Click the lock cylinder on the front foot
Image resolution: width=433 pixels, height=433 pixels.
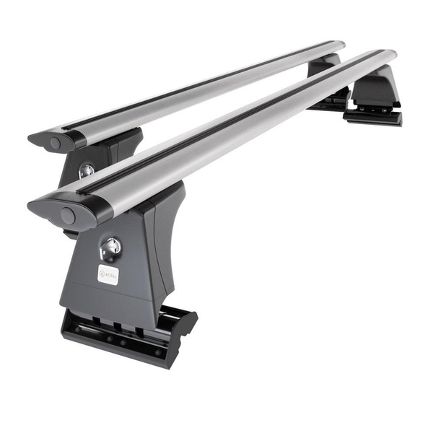tap(110, 247)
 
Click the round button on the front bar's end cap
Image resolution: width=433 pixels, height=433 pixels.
tap(68, 216)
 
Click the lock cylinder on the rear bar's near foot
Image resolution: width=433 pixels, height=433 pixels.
tap(86, 171)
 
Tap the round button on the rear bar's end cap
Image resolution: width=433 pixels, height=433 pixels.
tap(56, 144)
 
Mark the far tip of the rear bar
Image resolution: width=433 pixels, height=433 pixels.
tap(339, 45)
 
